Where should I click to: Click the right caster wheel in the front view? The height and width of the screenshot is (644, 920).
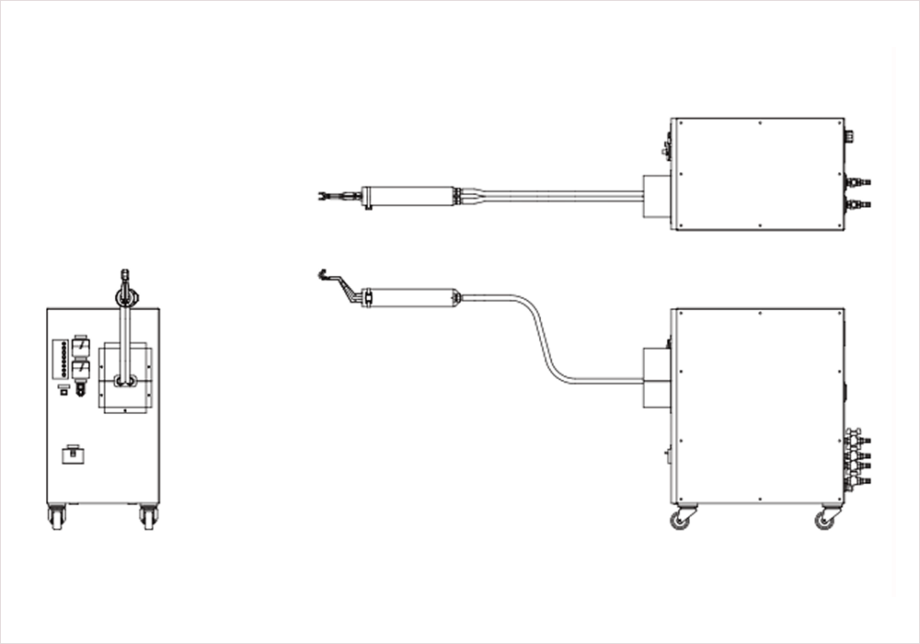pyautogui.click(x=148, y=517)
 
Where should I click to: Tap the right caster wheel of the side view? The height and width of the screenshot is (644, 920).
pyautogui.click(x=825, y=520)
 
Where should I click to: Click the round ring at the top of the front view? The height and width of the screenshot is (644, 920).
pyautogui.click(x=125, y=296)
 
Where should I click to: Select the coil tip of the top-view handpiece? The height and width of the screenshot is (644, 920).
pyautogui.click(x=327, y=196)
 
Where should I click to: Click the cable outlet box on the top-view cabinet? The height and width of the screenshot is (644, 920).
pyautogui.click(x=655, y=196)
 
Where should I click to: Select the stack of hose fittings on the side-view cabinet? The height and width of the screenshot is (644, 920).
pyautogui.click(x=857, y=454)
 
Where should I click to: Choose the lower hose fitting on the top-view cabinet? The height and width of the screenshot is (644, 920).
pyautogui.click(x=857, y=203)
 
